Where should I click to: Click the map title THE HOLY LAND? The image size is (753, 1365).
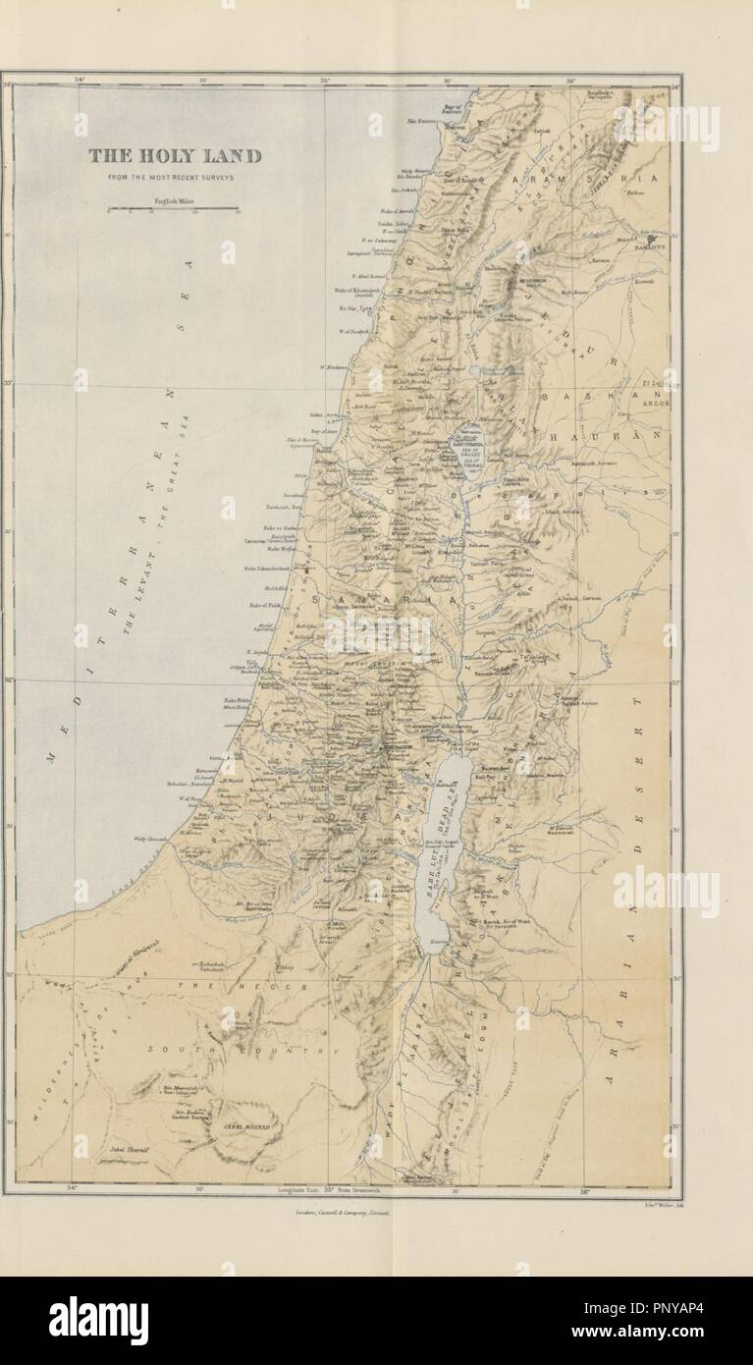(x=175, y=155)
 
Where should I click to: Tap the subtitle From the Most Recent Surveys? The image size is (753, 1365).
(x=175, y=178)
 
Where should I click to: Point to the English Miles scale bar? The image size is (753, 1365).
(x=173, y=208)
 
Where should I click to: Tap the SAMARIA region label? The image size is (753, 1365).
(x=369, y=597)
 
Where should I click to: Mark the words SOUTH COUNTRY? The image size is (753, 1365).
(x=240, y=1050)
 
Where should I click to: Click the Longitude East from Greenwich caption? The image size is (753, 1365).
(x=342, y=1189)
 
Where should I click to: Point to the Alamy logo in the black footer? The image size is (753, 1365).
(x=98, y=1321)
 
